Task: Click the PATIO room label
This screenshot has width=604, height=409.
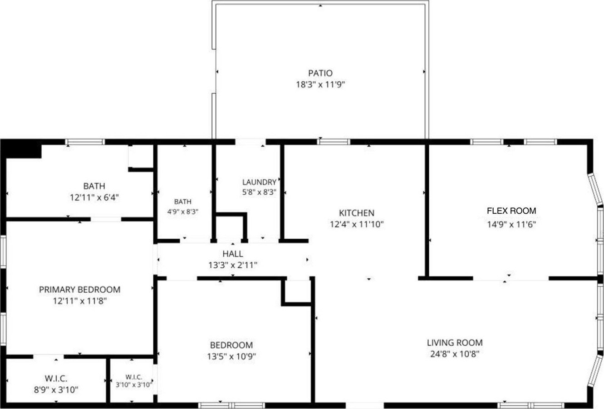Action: (320, 73)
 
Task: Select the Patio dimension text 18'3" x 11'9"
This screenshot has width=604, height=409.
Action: (320, 85)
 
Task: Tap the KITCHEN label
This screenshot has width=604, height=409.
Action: (357, 213)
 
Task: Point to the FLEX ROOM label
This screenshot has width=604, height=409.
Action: (511, 211)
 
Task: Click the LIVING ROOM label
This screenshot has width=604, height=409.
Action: (455, 342)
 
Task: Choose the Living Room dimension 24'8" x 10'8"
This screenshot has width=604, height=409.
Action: (455, 354)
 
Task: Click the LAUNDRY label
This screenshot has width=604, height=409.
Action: (260, 182)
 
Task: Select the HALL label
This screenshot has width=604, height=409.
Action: (233, 254)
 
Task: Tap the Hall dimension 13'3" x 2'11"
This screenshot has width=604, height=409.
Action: (233, 265)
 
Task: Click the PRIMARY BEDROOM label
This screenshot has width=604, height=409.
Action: (79, 289)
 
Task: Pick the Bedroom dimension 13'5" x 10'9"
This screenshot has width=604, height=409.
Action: (231, 356)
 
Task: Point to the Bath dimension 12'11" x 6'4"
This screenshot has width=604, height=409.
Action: (94, 198)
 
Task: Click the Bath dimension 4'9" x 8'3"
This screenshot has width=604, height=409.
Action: (183, 212)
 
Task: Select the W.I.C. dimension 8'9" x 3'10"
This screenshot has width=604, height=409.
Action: (56, 390)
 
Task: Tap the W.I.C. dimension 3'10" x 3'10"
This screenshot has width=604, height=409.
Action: (134, 385)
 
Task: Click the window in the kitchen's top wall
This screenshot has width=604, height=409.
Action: (334, 141)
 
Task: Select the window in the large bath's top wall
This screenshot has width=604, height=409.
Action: (85, 142)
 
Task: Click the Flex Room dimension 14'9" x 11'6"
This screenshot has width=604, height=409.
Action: (511, 224)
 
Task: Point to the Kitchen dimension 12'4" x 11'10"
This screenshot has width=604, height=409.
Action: (357, 224)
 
